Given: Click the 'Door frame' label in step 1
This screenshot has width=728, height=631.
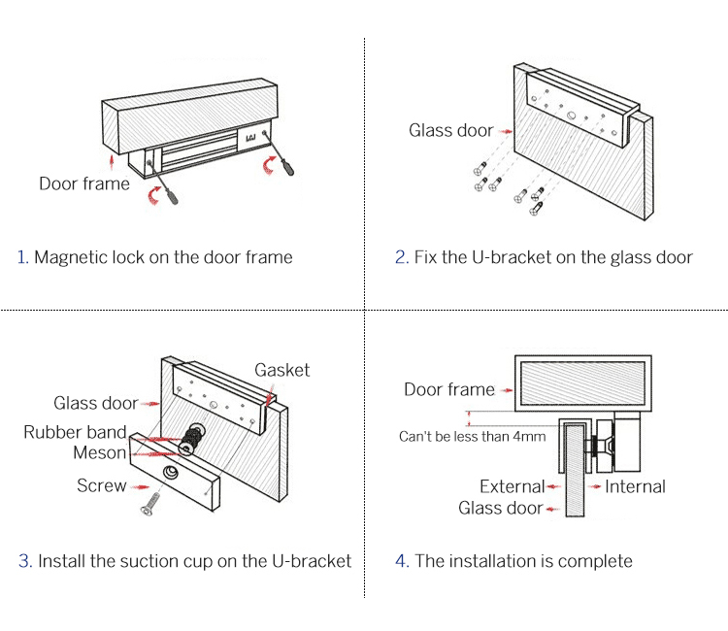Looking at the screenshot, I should [x=83, y=183].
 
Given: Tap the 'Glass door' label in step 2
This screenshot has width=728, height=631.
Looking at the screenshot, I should [x=450, y=130].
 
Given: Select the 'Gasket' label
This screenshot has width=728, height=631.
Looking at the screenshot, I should [x=281, y=370].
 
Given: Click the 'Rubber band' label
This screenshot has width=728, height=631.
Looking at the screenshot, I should [x=75, y=432].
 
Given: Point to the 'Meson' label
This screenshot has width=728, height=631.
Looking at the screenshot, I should [x=99, y=452].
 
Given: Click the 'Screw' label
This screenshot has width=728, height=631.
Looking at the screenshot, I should [x=101, y=485].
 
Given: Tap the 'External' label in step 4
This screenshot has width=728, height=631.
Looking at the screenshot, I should [x=512, y=486].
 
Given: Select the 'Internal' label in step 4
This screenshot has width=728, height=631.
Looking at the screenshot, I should [x=635, y=486].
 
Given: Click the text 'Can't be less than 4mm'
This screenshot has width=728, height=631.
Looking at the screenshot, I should [x=472, y=437].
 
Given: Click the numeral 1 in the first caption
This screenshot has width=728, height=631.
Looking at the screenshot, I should [x=21, y=257].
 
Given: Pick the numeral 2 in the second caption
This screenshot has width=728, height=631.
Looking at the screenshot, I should [x=400, y=257].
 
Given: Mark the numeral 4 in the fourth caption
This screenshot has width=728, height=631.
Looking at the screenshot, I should [x=401, y=561].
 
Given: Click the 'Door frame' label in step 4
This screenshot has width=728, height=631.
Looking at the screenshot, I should [x=448, y=389].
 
